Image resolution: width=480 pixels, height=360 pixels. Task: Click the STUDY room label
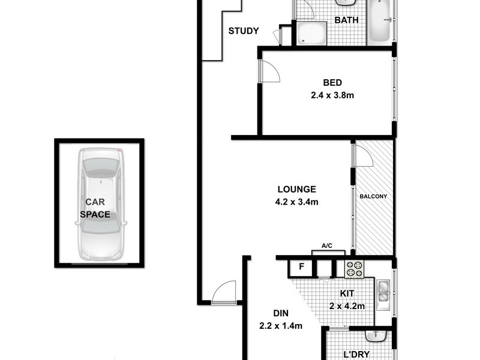tap(244, 31)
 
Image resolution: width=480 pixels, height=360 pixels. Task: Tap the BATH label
tap(346, 20)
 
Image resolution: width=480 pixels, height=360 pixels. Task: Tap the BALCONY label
tap(373, 196)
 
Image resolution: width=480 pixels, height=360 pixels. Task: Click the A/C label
tap(327, 246)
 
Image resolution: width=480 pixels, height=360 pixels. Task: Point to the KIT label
tap(347, 293)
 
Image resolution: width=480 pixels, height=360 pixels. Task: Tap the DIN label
tap(280, 313)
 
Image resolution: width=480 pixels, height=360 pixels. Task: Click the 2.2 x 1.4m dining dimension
tap(280, 326)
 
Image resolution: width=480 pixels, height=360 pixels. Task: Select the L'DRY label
tap(356, 355)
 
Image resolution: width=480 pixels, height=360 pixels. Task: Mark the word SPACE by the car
tap(95, 214)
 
